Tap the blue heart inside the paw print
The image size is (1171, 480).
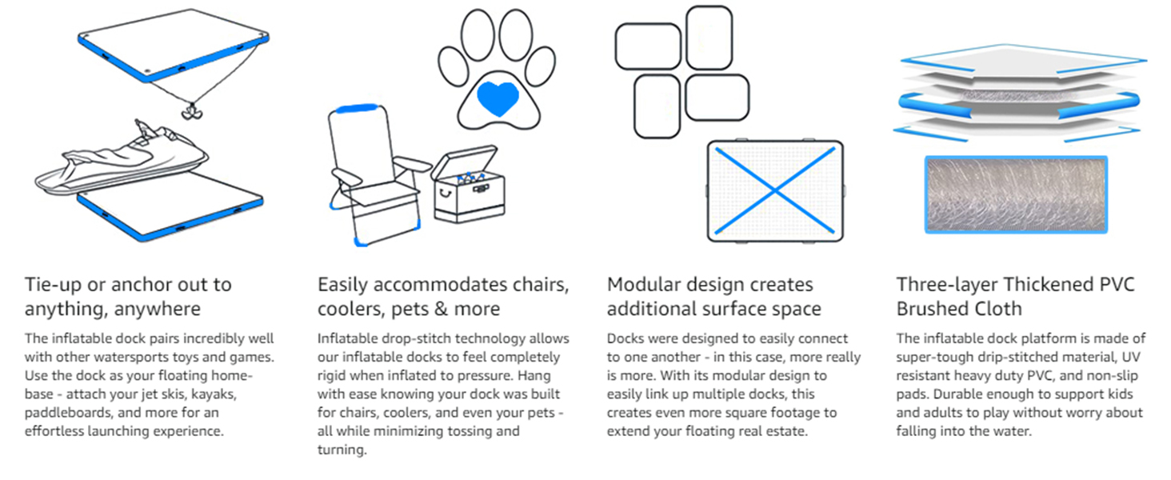pos(498,98)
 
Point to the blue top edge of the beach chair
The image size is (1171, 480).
pos(357,109)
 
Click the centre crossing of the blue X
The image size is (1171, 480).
pos(775,191)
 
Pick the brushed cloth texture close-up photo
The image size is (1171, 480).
pos(1017,194)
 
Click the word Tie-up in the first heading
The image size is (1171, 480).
pos(53,285)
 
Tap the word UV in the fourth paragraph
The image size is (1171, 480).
pos(1131,357)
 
